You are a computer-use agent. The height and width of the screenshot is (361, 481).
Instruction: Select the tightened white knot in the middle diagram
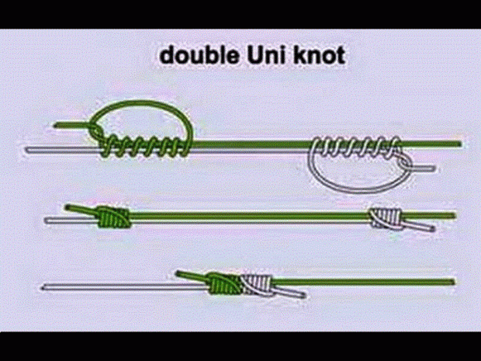[x=384, y=217]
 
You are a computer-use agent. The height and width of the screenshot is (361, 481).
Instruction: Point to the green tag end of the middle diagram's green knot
[x=74, y=208]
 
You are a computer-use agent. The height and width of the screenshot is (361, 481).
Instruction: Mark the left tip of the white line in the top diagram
[x=28, y=148]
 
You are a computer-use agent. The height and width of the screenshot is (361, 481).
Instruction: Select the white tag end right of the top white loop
[x=431, y=167]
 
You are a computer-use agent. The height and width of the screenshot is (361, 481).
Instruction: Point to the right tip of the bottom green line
[x=453, y=281]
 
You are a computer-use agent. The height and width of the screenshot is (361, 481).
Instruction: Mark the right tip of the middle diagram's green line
[x=455, y=215]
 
